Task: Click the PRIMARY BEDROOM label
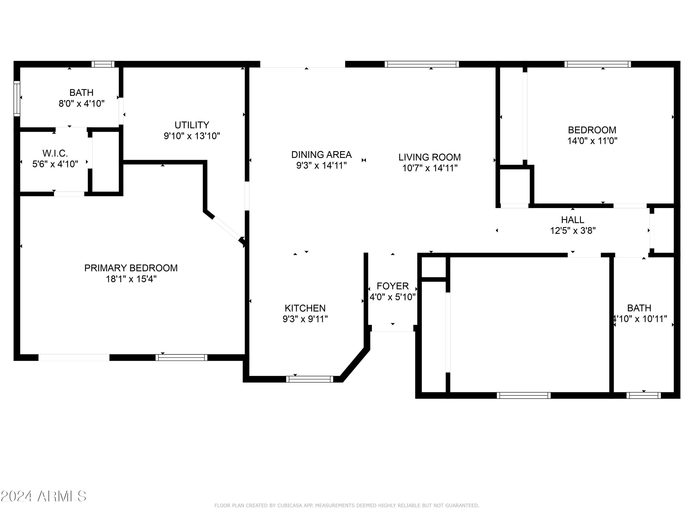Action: click(x=131, y=268)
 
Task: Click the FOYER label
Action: click(x=393, y=286)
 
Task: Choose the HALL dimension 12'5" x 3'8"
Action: click(x=573, y=231)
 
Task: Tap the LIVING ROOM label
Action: click(x=430, y=157)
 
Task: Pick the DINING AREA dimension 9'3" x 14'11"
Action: click(x=322, y=165)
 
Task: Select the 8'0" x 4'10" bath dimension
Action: click(x=82, y=104)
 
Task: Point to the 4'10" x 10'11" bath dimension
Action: click(x=639, y=319)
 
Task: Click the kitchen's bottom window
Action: click(x=310, y=379)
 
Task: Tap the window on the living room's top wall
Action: click(x=422, y=64)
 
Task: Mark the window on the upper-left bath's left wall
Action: click(x=17, y=99)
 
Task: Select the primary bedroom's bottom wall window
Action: click(x=181, y=358)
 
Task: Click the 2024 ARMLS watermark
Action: click(x=44, y=496)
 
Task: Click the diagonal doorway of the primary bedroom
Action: click(x=227, y=229)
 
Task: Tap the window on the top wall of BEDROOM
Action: click(x=598, y=64)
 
